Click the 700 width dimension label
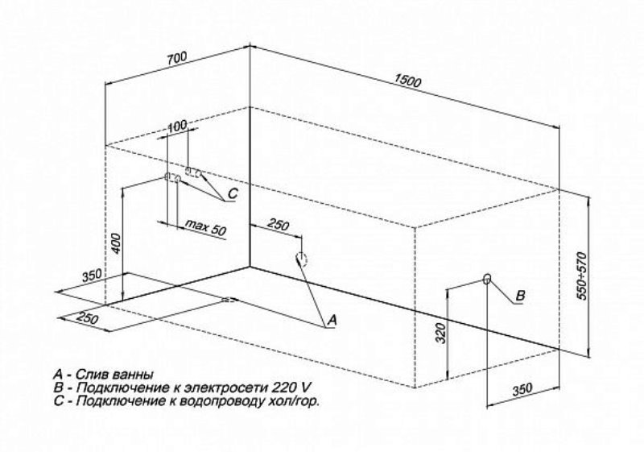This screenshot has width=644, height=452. coord(177,58)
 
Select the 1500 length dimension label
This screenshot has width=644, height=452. coord(407,81)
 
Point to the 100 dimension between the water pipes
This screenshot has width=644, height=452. coord(177,126)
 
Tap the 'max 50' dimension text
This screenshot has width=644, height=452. coord(205,227)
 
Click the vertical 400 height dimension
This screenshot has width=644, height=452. coord(117,243)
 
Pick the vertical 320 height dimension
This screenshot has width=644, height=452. coord(440,334)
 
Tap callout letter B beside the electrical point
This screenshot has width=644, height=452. coord(520,296)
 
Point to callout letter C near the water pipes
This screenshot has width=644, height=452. coord(233,193)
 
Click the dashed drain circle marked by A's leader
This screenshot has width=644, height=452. coord(301,259)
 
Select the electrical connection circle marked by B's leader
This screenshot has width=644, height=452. coord(487,279)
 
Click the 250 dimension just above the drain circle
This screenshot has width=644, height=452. coord(279,225)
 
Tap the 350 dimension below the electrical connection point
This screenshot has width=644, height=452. coord(522,389)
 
